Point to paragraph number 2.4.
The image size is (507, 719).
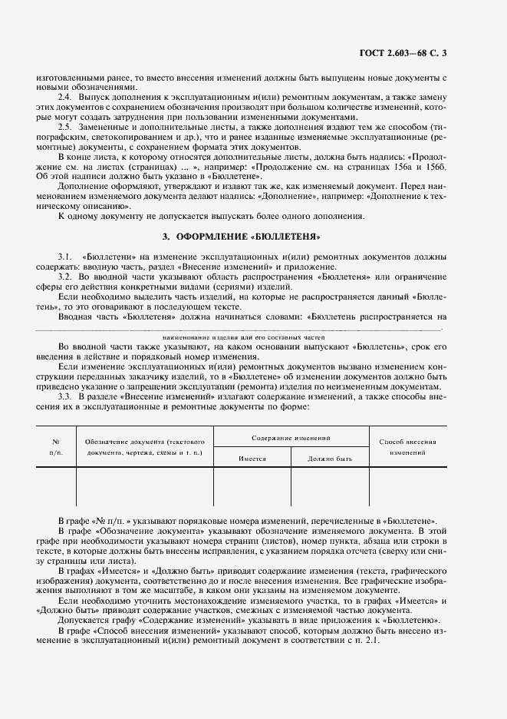tap(65, 98)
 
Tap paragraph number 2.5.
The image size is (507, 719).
tap(65, 126)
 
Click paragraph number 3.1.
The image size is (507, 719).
tap(65, 254)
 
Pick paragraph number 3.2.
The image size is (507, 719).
tap(65, 276)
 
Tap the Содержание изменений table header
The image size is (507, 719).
tap(291, 437)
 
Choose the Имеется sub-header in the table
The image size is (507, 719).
tap(252, 457)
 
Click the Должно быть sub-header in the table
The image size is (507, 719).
tap(330, 457)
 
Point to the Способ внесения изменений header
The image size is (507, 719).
tap(407, 447)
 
